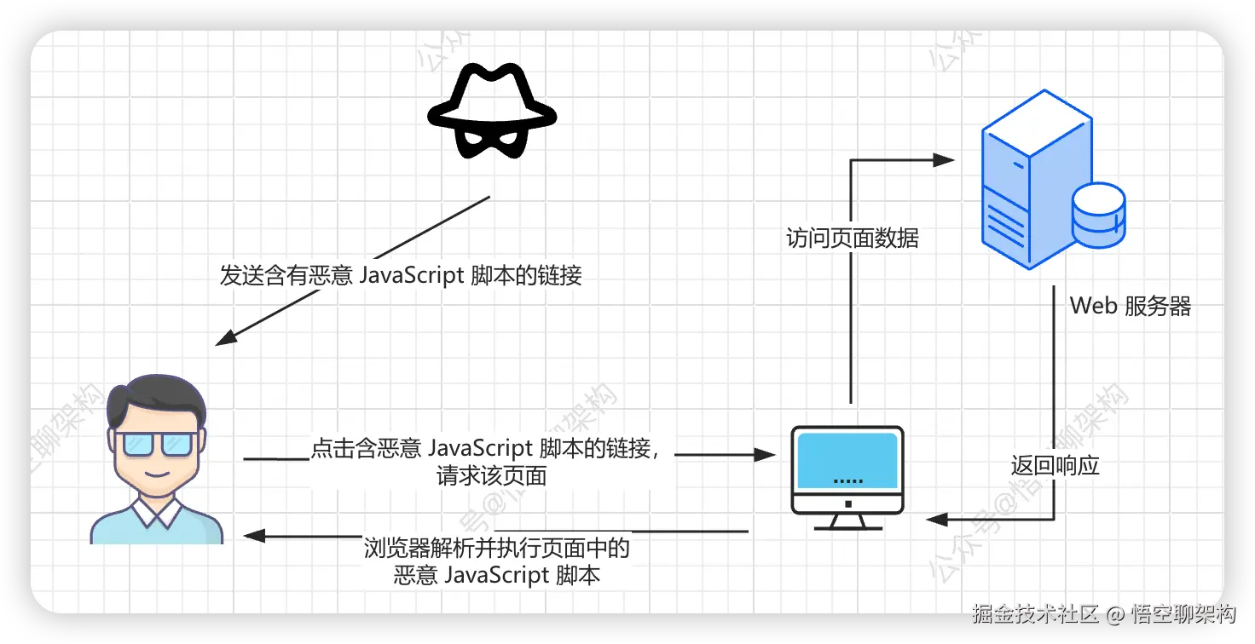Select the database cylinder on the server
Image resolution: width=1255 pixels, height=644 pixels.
point(1099,215)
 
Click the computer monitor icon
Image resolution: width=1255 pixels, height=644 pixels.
point(847,473)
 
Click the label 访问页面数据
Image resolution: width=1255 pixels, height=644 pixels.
point(852,239)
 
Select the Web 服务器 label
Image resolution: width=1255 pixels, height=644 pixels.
point(1130,306)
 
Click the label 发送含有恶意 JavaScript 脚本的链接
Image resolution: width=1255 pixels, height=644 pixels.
point(401,275)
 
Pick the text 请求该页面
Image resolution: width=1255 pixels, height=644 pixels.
point(491,475)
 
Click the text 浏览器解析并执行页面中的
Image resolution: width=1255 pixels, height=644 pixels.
point(496,548)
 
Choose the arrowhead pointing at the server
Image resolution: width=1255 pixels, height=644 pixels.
point(943,159)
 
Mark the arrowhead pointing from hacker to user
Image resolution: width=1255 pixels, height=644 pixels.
point(225,339)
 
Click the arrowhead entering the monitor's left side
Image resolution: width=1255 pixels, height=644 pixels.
point(765,455)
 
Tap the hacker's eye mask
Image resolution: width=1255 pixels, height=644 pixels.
point(491,136)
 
